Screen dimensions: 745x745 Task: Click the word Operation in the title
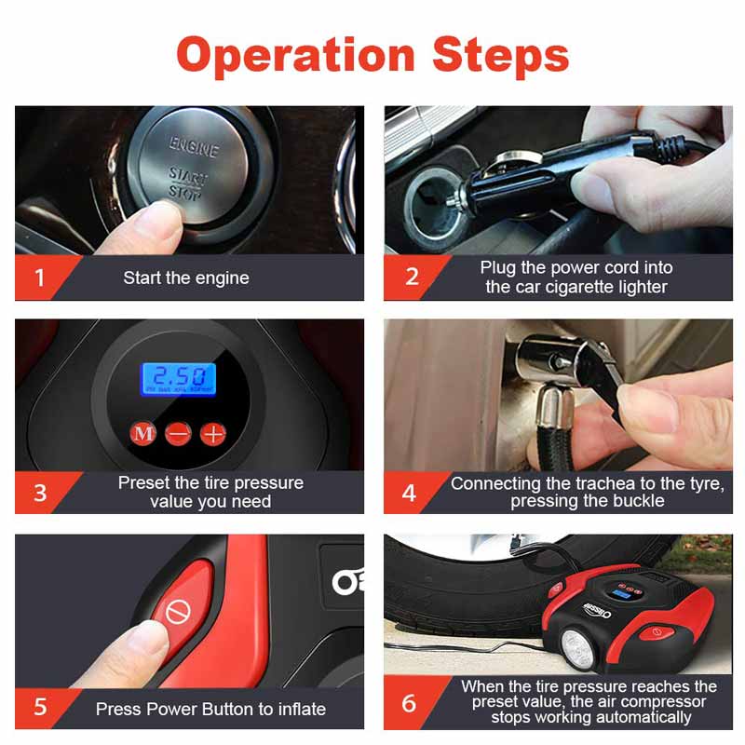point(295,56)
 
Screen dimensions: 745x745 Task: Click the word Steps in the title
point(501,55)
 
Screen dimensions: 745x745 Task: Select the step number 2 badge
point(412,277)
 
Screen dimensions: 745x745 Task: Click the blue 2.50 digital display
point(179,379)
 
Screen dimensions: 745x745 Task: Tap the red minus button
point(178,434)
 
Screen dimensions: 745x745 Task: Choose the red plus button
point(213,434)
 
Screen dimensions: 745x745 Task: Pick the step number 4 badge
point(410,493)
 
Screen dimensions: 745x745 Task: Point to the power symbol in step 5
point(179,611)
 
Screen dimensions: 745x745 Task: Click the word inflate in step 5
point(302,709)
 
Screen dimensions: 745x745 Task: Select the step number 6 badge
point(410,703)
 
